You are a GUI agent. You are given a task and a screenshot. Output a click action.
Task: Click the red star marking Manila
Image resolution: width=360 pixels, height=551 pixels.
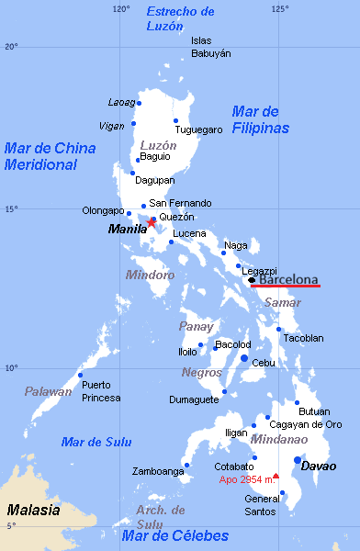tap(152, 222)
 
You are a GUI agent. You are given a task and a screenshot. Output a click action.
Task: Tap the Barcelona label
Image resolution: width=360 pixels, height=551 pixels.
tap(288, 279)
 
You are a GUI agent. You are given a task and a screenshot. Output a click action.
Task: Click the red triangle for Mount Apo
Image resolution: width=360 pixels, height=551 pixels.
tap(276, 475)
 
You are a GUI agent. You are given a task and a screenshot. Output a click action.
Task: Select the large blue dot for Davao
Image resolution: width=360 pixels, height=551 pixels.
tap(298, 460)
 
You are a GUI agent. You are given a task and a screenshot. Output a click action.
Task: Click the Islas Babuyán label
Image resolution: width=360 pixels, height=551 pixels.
tap(210, 47)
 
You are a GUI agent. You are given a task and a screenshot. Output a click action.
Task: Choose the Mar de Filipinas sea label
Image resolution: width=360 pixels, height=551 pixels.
tap(260, 119)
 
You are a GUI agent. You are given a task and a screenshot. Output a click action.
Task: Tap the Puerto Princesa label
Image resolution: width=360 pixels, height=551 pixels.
tap(101, 391)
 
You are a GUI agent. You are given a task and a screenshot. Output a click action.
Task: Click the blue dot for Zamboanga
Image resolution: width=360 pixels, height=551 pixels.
tap(186, 465)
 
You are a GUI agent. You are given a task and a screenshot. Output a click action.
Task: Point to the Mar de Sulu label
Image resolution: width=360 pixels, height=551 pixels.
tap(90, 442)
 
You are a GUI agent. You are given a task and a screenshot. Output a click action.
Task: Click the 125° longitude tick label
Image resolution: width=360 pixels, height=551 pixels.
tap(279, 8)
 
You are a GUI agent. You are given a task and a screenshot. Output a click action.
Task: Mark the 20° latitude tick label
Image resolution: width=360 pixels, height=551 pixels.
tap(10, 46)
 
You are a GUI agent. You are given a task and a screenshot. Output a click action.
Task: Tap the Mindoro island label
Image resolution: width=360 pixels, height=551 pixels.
tap(150, 275)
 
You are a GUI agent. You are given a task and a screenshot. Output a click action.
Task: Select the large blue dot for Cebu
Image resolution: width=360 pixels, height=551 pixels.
tap(244, 358)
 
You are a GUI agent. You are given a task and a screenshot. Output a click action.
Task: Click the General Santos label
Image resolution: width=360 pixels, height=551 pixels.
tap(261, 505)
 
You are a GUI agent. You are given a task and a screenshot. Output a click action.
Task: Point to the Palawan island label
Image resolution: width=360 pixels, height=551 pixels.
tap(48, 392)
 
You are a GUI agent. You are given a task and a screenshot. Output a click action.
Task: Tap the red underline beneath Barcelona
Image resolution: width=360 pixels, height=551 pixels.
tap(287, 286)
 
